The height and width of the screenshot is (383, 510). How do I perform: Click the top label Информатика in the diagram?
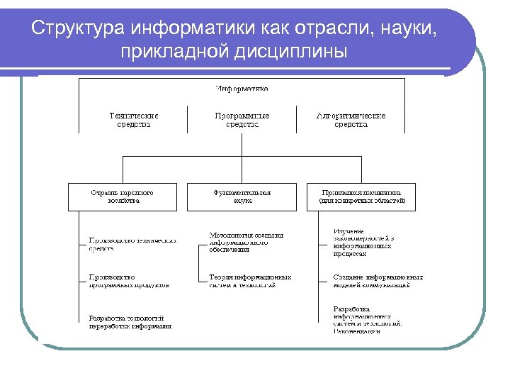click(242, 89)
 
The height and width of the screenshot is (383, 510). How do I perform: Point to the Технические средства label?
click(134, 119)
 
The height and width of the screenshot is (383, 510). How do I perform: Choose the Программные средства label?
click(242, 119)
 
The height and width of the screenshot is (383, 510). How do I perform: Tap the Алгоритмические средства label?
click(351, 119)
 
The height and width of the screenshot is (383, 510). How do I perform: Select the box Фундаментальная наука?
click(242, 196)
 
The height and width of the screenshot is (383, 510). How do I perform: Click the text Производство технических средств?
click(132, 244)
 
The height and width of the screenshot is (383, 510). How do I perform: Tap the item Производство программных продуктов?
click(128, 281)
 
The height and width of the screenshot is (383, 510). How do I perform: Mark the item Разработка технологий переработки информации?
click(130, 322)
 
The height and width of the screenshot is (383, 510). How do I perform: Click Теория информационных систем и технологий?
click(249, 281)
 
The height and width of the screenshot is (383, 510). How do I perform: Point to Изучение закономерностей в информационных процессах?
click(362, 242)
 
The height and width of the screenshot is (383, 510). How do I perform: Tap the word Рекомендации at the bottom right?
click(357, 331)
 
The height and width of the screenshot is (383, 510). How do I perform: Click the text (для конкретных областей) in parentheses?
click(361, 201)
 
